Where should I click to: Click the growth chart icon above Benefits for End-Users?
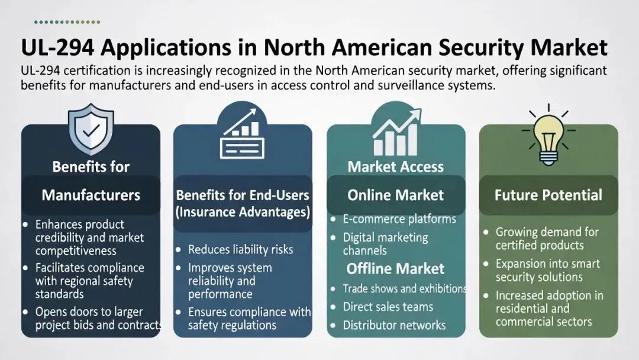[x=243, y=133]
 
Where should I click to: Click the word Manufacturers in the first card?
[x=91, y=195]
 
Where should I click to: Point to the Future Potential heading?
[x=548, y=195]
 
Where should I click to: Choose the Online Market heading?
[x=395, y=195]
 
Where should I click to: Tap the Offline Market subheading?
[x=395, y=268]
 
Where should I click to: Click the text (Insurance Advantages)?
[x=243, y=211]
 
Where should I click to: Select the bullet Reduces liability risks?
[x=240, y=249]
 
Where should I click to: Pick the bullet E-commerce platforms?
[x=399, y=219]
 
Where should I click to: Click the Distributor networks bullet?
[x=394, y=325]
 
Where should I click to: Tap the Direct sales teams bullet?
[x=388, y=307]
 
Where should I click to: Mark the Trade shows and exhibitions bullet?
[x=405, y=288]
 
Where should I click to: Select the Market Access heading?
[x=395, y=167]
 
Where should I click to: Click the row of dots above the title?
[x=67, y=22]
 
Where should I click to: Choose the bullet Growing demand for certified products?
[x=547, y=239]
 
